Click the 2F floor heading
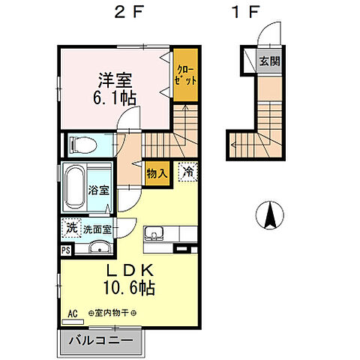(x=124, y=13)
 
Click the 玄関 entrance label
(x=269, y=61)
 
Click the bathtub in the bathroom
(x=74, y=187)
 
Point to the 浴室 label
(x=98, y=190)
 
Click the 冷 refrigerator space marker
(x=187, y=172)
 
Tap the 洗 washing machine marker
(x=69, y=226)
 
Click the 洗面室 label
(x=97, y=229)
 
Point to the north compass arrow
(x=268, y=217)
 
